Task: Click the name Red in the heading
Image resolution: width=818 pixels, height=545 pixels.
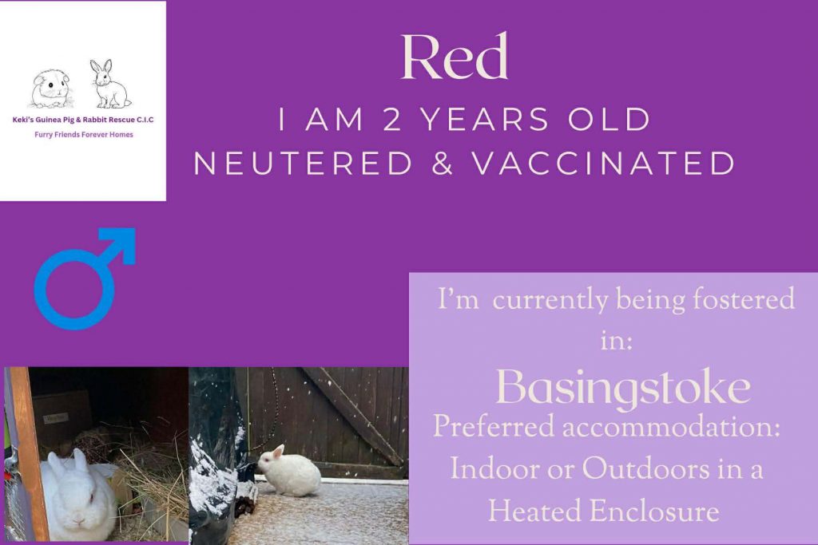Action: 454,57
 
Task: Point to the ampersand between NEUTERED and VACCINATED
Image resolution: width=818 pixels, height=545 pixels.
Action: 442,164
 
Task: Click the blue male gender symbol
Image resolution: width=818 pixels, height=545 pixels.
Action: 84,278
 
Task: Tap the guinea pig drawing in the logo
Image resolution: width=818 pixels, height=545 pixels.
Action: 50,89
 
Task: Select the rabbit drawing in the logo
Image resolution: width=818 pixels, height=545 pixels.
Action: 109,84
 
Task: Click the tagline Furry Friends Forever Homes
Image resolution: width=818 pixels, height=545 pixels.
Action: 84,135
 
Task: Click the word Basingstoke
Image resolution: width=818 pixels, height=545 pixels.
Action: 623,389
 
